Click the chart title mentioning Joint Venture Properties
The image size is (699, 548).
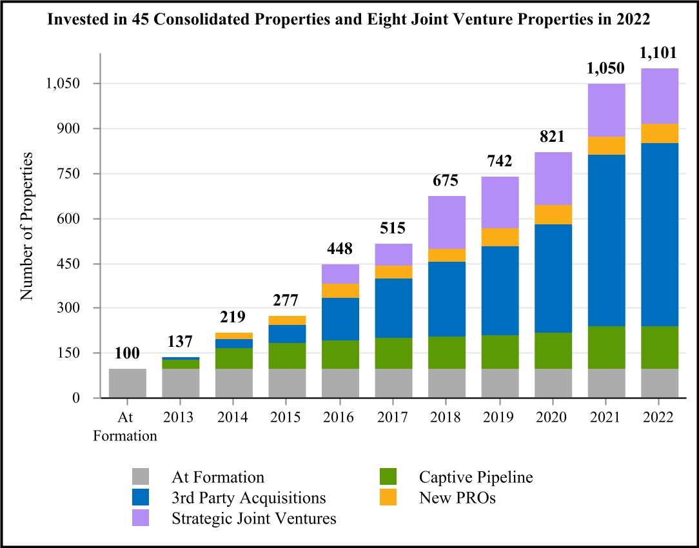coord(349,19)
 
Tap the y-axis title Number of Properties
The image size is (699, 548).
coord(26,226)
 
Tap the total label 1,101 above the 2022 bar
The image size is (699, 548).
coord(660,55)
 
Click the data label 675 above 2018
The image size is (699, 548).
coord(447,182)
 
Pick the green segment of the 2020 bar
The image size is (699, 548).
coord(553,351)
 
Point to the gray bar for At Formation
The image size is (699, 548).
coord(127,383)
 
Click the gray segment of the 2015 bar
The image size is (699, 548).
coord(287,383)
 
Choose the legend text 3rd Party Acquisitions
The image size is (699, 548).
coord(248,498)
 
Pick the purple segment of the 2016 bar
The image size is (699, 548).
coord(340,274)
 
